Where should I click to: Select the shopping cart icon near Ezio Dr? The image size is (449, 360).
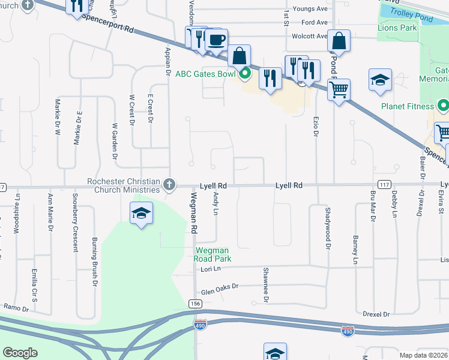pyautogui.click(x=339, y=90)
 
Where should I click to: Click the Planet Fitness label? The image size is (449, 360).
pyautogui.click(x=407, y=106)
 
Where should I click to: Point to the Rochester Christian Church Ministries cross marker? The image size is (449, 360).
pyautogui.click(x=170, y=185)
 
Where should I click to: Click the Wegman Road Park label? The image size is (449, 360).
pyautogui.click(x=212, y=254)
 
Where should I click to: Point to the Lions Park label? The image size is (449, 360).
pyautogui.click(x=397, y=28)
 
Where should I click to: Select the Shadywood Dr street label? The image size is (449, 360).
pyautogui.click(x=328, y=228)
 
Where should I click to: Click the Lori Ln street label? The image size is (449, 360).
pyautogui.click(x=209, y=269)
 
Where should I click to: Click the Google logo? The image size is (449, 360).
pyautogui.click(x=20, y=353)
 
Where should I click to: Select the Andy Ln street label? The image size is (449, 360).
pyautogui.click(x=215, y=205)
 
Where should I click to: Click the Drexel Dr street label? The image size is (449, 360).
pyautogui.click(x=376, y=314)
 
